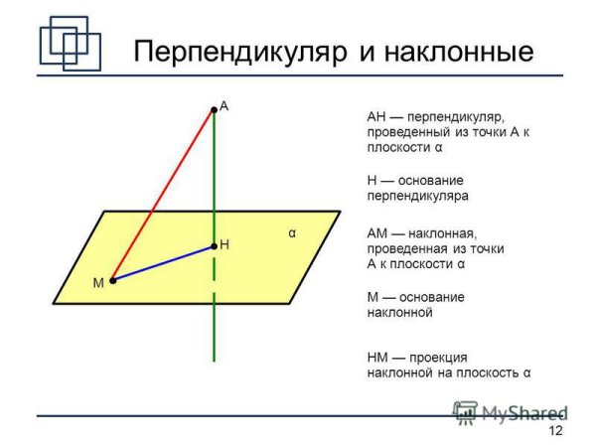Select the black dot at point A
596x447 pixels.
tap(214, 108)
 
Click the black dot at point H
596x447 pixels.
tap(214, 245)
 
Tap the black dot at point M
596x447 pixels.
tap(113, 281)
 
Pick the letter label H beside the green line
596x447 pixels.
tap(224, 243)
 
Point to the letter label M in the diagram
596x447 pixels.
tap(98, 283)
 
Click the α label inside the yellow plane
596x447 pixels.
tap(292, 234)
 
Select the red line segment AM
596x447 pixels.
tap(164, 194)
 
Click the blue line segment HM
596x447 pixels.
tap(164, 263)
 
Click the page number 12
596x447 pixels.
tap(555, 430)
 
